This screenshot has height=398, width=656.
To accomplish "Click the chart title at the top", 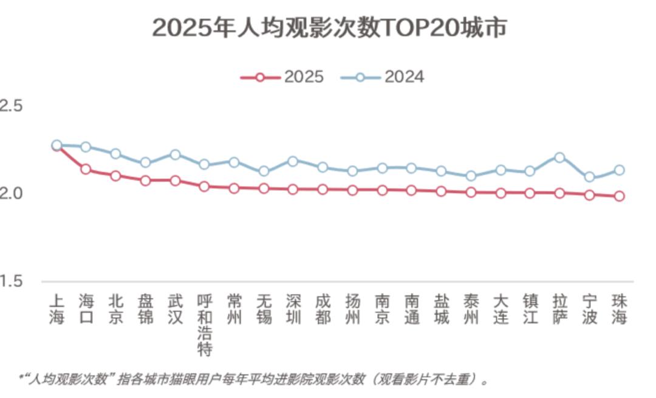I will (329, 28).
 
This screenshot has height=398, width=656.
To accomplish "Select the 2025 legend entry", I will (282, 77).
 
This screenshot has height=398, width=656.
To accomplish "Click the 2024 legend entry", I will (382, 77).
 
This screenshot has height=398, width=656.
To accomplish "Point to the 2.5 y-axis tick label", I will (11, 106).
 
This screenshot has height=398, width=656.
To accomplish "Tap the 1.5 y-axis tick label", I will (11, 281).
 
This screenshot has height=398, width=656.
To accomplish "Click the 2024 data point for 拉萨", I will (559, 158).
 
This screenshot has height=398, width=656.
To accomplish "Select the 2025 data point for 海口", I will (86, 169).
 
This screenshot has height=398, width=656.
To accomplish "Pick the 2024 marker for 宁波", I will (589, 177).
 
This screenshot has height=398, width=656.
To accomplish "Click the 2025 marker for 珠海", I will (619, 196).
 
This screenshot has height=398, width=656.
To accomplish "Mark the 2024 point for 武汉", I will (175, 155).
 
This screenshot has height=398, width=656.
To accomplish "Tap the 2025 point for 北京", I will (115, 176).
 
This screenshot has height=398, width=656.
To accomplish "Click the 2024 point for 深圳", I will (293, 162).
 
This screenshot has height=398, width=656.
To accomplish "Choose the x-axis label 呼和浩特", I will (205, 325).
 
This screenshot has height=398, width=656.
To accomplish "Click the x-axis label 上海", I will (56, 309).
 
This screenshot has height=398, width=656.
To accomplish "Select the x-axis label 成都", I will (323, 309).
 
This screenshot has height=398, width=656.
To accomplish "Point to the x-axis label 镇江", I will (530, 309).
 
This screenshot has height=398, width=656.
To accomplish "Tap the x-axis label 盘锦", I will (145, 309).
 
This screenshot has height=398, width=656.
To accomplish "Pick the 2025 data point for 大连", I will (501, 193).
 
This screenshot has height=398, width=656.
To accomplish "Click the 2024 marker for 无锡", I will (263, 171).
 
